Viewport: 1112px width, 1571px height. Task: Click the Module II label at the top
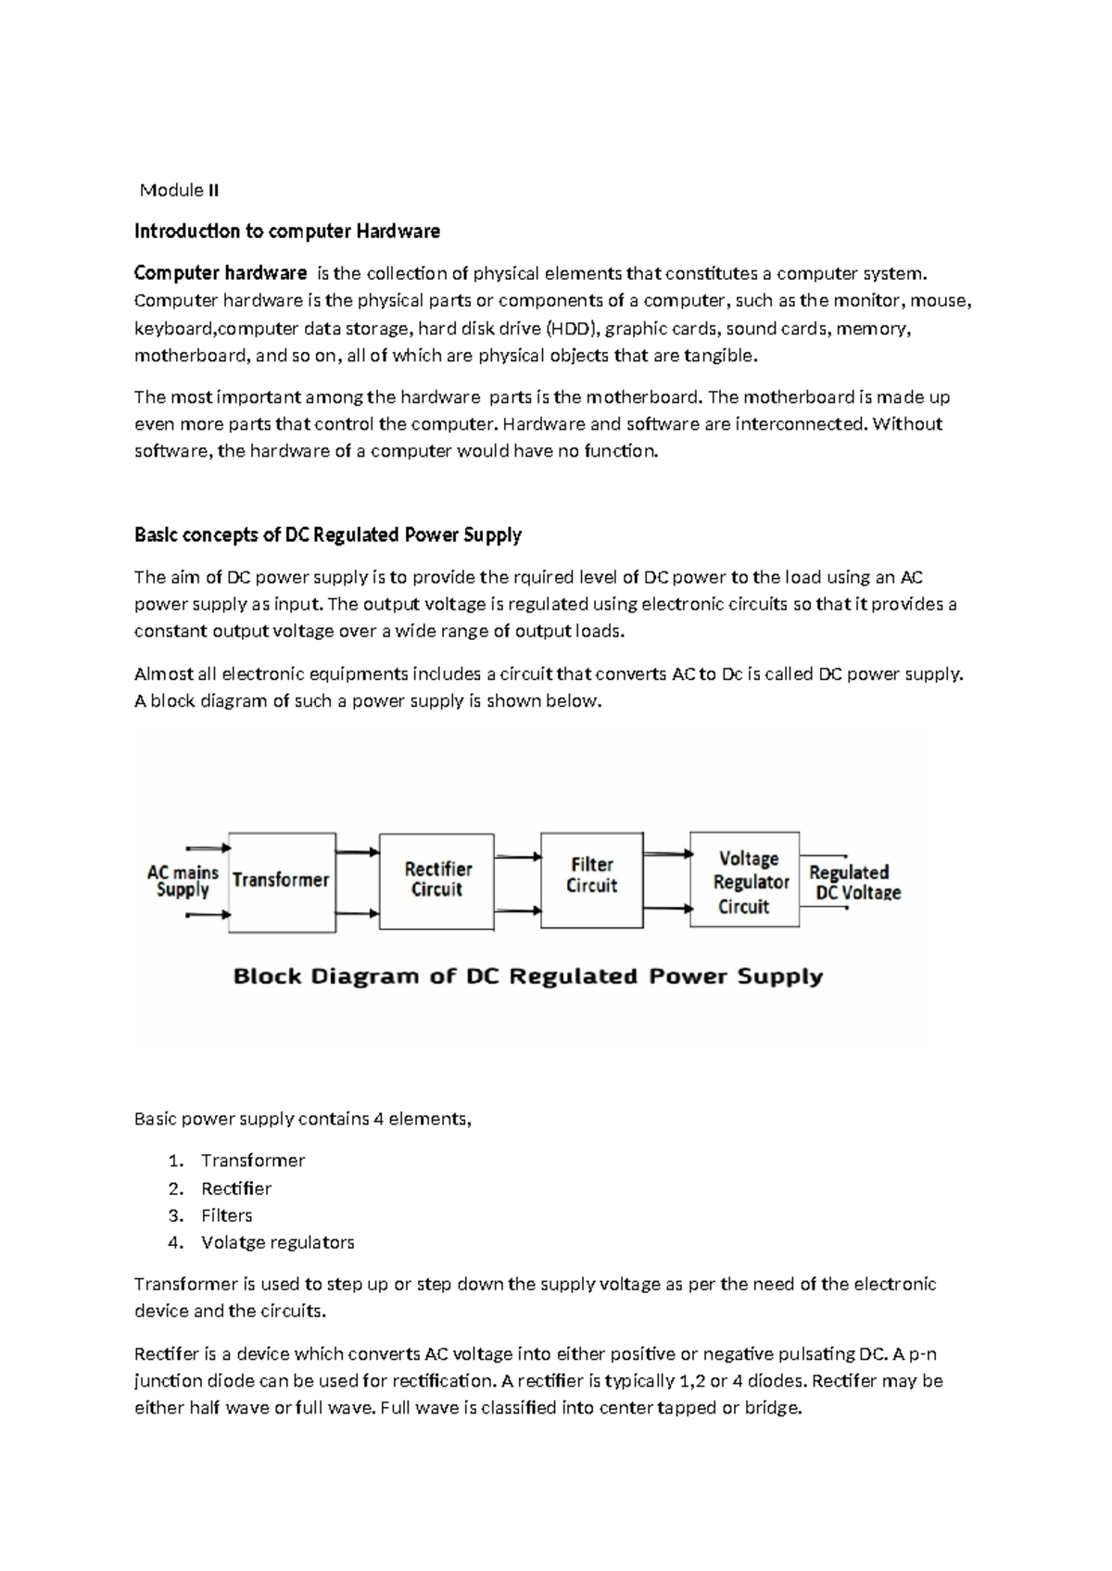click(x=179, y=191)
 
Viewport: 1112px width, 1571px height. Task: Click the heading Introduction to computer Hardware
click(x=286, y=231)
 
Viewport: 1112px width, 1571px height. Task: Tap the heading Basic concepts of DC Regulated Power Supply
click(x=328, y=534)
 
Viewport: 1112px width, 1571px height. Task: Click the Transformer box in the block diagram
click(x=281, y=881)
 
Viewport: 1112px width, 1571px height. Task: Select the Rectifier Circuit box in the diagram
click(x=436, y=880)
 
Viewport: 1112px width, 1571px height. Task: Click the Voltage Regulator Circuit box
click(x=744, y=882)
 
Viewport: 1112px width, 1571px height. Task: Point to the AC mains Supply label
click(x=183, y=881)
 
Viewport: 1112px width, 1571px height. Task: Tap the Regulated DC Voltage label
click(x=853, y=883)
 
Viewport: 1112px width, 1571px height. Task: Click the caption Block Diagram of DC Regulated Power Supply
click(x=527, y=976)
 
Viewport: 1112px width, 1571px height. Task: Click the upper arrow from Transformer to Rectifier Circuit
click(x=357, y=851)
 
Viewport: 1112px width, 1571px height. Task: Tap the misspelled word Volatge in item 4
click(x=232, y=1242)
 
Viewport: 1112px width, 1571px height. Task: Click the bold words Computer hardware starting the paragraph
click(x=221, y=273)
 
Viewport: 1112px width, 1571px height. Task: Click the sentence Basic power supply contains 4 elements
click(x=302, y=1119)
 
